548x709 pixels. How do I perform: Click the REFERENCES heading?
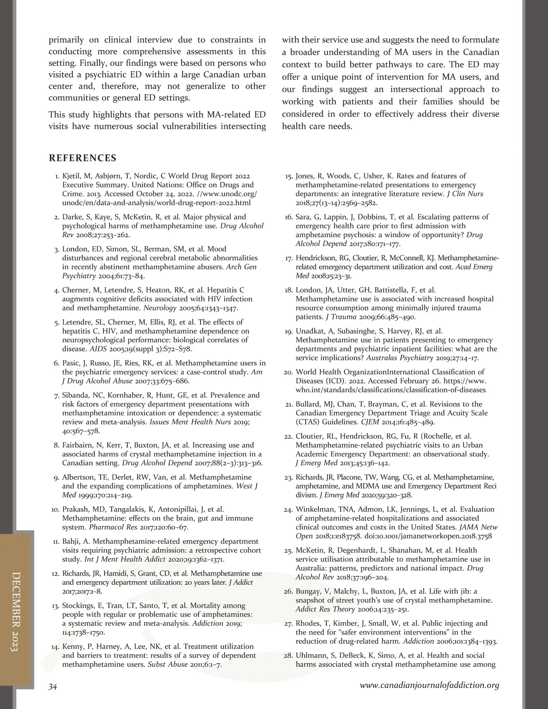(x=83, y=158)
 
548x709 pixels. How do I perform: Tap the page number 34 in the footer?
(x=53, y=687)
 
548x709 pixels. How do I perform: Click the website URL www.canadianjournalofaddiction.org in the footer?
(x=429, y=685)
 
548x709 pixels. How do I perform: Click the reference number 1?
(x=57, y=176)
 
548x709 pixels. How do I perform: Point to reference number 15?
(x=289, y=176)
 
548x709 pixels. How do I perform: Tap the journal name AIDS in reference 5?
(x=98, y=349)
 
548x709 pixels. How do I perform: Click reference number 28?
(x=288, y=656)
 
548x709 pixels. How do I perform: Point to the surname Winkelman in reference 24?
(x=317, y=509)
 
